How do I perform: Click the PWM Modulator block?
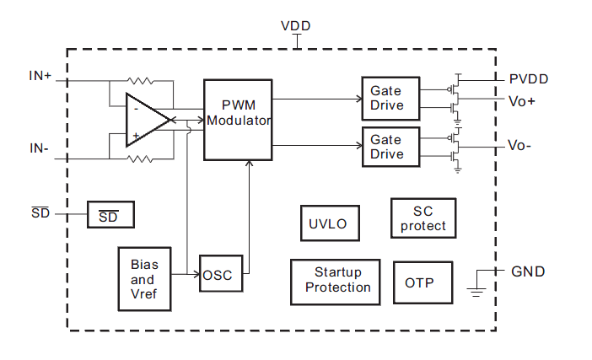239,120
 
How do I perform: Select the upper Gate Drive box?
386,98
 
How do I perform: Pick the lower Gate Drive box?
386,147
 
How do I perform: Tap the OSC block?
222,275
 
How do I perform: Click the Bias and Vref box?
144,279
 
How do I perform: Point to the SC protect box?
422,218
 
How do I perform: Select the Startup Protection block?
337,280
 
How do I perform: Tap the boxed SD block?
110,217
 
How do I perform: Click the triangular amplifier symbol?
145,120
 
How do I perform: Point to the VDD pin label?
295,26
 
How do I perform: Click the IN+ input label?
40,76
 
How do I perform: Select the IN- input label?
39,148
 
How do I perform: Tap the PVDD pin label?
529,79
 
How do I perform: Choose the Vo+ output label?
523,100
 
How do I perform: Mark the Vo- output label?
521,145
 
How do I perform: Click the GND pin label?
528,271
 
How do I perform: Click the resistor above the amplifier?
141,82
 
